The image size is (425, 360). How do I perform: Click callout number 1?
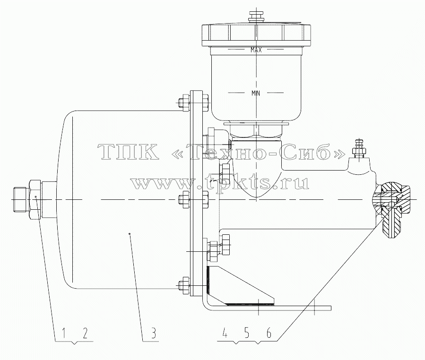tap(64, 333)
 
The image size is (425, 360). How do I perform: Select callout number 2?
tap(85, 333)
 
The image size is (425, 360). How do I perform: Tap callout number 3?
tap(153, 333)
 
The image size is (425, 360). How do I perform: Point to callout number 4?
tap(225, 333)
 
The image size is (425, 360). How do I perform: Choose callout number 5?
tap(246, 333)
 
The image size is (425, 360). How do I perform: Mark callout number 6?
tap(269, 333)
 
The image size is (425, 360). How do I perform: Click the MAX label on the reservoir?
tap(256, 50)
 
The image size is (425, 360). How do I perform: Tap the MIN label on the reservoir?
tap(256, 94)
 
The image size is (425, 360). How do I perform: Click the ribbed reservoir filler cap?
tap(256, 35)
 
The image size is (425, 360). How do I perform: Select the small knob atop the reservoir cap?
tap(256, 16)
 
